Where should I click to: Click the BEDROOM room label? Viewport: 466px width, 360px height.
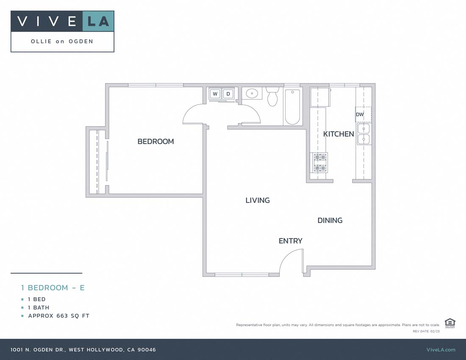[x=155, y=141]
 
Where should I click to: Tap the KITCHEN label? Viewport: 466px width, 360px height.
[x=338, y=134]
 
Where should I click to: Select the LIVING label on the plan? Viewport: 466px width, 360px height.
[x=258, y=200]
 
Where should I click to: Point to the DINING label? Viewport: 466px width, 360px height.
[x=330, y=220]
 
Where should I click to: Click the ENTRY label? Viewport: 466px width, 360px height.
[x=290, y=241]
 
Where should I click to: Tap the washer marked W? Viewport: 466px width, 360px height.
[x=215, y=94]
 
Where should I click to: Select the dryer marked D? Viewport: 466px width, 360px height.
[x=228, y=94]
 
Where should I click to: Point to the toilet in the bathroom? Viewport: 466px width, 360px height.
[x=272, y=97]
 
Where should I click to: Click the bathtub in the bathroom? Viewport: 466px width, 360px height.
[x=292, y=107]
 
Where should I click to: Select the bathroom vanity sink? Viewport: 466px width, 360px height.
[x=252, y=93]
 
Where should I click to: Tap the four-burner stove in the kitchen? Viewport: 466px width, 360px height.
[x=320, y=163]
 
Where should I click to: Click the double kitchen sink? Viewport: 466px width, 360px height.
[x=364, y=134]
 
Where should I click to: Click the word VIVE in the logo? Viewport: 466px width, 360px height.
[x=47, y=21]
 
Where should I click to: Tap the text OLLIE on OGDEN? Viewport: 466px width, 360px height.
[x=62, y=42]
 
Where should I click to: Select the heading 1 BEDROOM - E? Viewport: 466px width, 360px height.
[x=53, y=288]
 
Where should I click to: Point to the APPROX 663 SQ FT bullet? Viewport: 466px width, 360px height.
[x=58, y=316]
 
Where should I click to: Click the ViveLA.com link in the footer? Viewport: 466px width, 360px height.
[x=441, y=349]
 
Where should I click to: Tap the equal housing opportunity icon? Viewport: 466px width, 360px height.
[x=450, y=323]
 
